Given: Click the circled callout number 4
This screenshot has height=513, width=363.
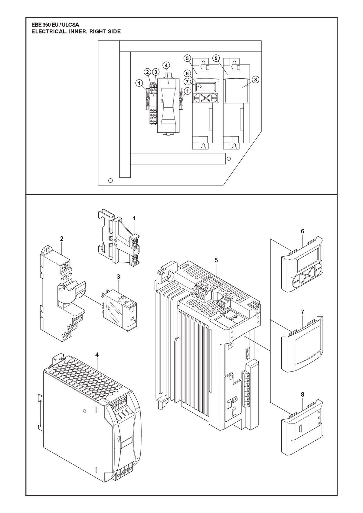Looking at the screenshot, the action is pos(166,65).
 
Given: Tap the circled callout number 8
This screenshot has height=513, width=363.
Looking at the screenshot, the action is pos(255,80).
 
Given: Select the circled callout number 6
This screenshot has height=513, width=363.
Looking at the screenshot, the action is pos(187,73).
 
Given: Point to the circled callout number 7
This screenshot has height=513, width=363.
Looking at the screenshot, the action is pos(187,82).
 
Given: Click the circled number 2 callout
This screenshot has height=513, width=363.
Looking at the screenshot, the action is pos(147,72).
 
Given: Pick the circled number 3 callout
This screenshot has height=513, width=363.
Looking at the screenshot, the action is pos(155,72).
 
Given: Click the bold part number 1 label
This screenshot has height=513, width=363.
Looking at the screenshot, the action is pos(134,218).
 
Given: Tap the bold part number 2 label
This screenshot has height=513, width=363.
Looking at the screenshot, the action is pos(62,239).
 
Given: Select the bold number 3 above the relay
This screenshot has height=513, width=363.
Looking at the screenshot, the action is pos(119,277).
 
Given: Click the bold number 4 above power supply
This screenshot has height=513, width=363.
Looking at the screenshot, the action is pos(97,355).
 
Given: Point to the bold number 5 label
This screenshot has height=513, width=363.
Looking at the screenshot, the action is pos(216,260).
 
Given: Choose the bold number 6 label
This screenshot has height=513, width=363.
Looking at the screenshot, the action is pos(302,232).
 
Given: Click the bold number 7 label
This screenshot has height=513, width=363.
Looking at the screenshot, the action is pos(302,312).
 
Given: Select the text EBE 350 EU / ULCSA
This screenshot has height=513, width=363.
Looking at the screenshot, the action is pos(55,25).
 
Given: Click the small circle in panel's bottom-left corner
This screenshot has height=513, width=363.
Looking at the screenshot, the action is pos(110,180).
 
